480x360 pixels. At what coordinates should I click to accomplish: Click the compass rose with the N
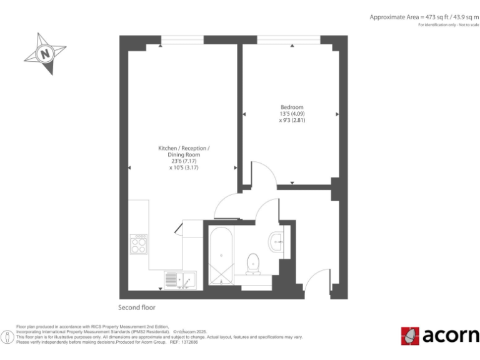pos(46,54)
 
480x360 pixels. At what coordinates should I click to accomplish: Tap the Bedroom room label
pos(291,107)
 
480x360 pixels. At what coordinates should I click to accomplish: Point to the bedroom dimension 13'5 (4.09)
pos(291,114)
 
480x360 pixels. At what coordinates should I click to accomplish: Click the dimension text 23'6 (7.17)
pos(184,161)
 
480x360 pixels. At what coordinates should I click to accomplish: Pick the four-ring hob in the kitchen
pos(139,244)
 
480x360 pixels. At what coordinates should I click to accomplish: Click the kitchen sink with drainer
pos(180,281)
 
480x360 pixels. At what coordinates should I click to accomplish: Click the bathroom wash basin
pos(277,240)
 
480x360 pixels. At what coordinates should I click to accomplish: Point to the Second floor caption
pos(137,307)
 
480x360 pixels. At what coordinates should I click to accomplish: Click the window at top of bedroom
pos(289,40)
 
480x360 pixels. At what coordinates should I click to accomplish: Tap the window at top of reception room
pos(182,40)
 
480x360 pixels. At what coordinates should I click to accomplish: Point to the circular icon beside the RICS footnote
pos(7,337)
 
